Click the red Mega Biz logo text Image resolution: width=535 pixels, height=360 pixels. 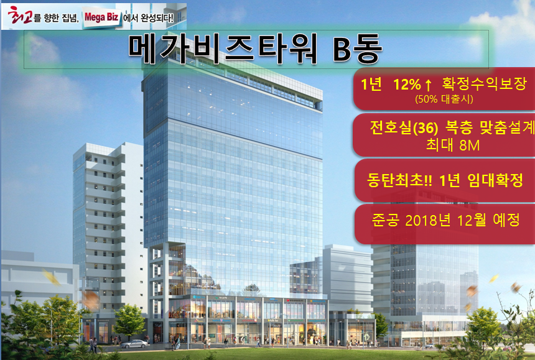[x=101, y=17]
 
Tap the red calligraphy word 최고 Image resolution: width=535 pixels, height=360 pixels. [x=20, y=15]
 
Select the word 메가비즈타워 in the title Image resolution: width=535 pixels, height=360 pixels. [x=223, y=48]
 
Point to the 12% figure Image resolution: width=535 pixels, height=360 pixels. [x=407, y=84]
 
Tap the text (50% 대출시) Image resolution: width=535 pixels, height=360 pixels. [x=444, y=99]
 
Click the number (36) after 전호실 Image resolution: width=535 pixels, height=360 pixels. [x=426, y=128]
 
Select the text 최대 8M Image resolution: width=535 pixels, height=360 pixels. [x=453, y=145]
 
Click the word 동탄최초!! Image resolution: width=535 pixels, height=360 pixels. [x=399, y=180]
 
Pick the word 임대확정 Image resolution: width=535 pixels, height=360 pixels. [x=495, y=180]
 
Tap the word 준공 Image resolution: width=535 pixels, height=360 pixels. [x=385, y=220]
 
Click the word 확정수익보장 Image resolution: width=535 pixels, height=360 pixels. [x=485, y=83]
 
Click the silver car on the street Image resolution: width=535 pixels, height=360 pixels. [x=134, y=344]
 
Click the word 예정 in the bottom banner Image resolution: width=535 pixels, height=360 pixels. [x=506, y=220]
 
